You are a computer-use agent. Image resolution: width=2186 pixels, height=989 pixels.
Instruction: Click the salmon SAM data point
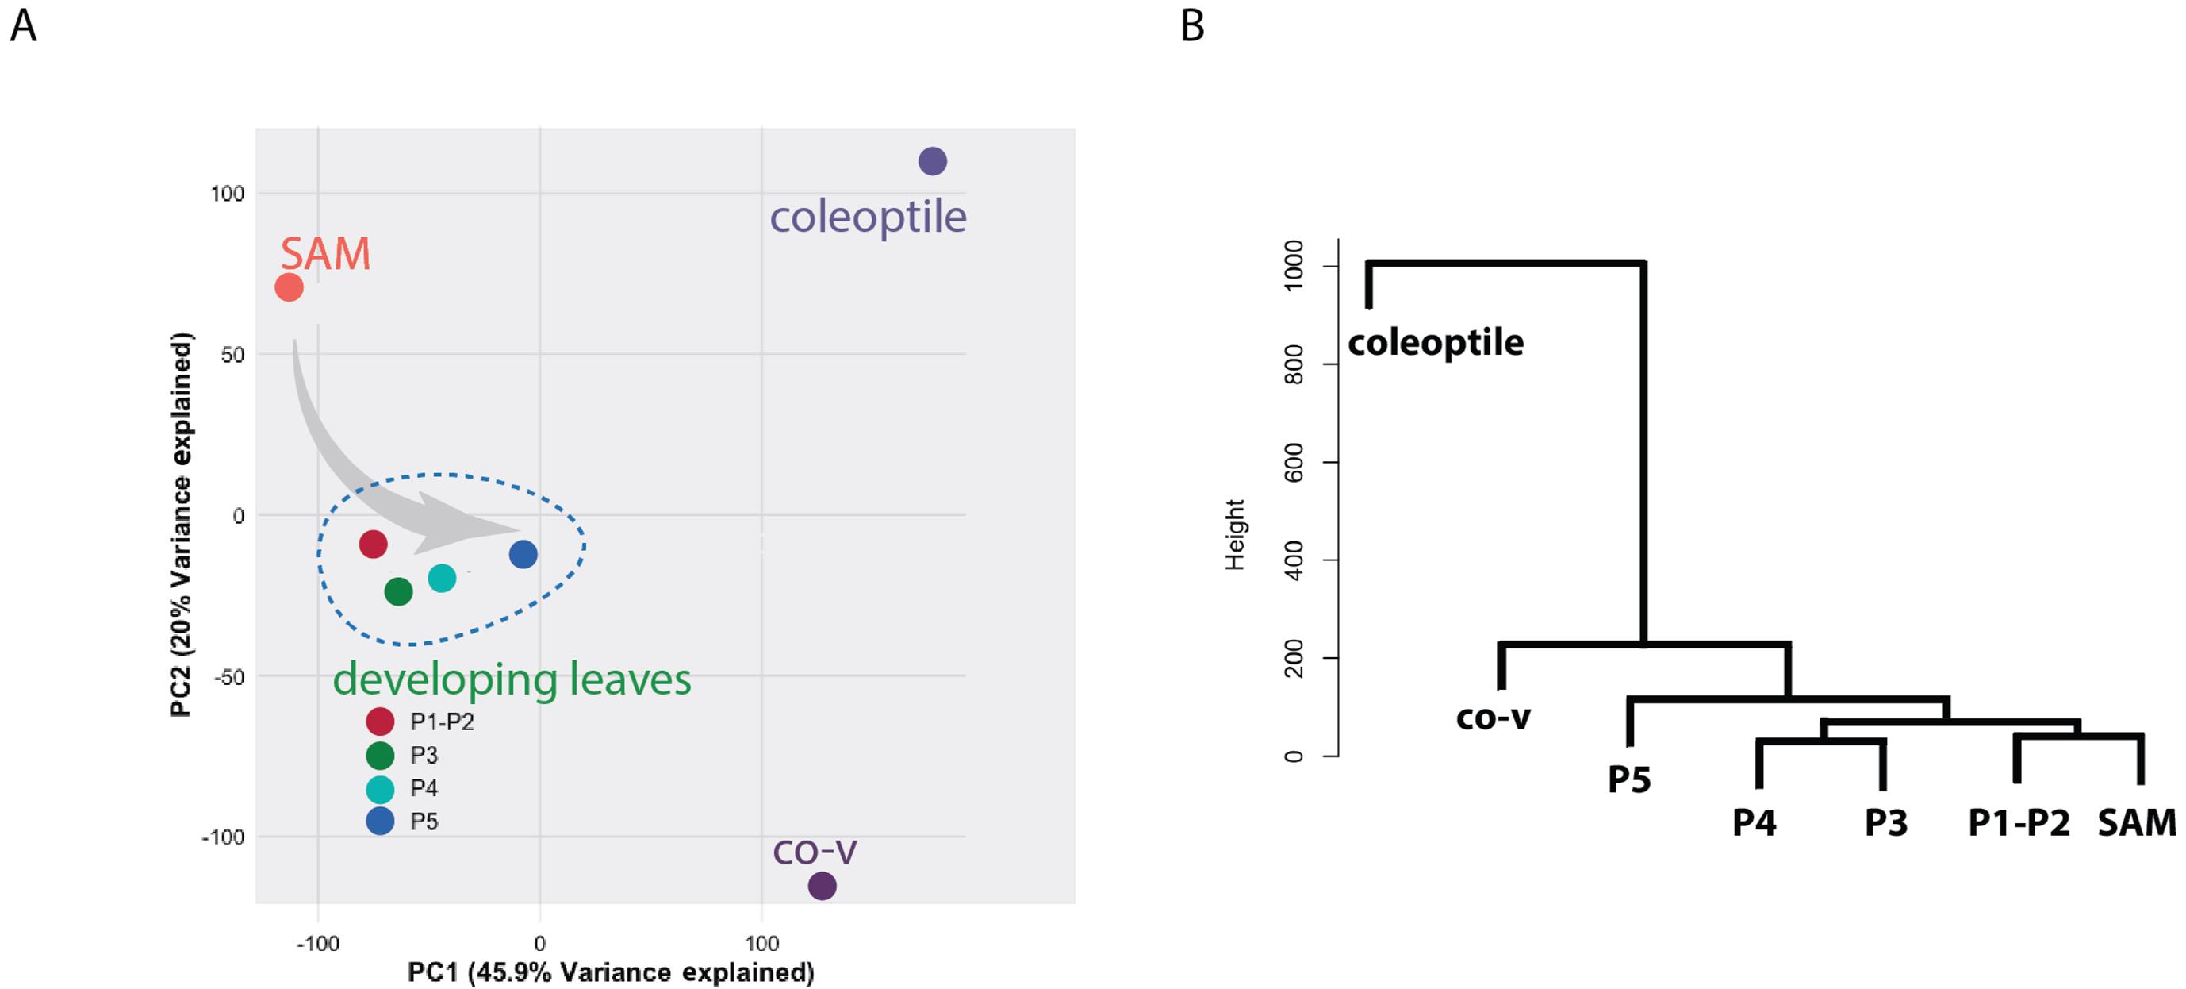[289, 288]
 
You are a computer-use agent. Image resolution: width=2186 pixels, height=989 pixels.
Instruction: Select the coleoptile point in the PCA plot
[933, 161]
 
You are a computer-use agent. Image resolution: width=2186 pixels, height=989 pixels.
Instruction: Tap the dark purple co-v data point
[822, 887]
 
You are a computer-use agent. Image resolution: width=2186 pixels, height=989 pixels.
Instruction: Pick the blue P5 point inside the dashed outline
[523, 554]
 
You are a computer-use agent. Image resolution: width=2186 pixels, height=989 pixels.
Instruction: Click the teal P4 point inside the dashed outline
[442, 578]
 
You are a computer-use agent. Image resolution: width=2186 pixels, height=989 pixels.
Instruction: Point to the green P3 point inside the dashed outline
[398, 591]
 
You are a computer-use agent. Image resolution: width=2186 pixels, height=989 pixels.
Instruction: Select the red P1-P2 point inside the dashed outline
[374, 545]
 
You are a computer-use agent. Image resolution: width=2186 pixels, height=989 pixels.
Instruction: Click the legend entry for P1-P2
[421, 722]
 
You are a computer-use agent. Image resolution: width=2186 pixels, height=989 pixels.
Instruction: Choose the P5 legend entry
[402, 821]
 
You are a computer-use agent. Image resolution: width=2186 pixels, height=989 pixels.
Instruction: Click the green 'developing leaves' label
[512, 680]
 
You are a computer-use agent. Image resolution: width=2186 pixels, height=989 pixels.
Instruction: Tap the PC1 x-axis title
[611, 972]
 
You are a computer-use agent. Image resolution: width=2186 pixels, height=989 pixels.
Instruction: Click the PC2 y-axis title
[182, 525]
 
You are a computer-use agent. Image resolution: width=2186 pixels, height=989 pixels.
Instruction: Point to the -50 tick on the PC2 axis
[228, 677]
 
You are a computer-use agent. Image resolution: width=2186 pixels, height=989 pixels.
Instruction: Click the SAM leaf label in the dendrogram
[2137, 822]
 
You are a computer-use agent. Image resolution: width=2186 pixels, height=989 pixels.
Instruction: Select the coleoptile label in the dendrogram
[1436, 343]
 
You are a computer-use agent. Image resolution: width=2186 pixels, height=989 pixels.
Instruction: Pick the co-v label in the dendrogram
[1493, 718]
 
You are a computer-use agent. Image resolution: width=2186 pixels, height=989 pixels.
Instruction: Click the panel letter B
[1192, 25]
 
